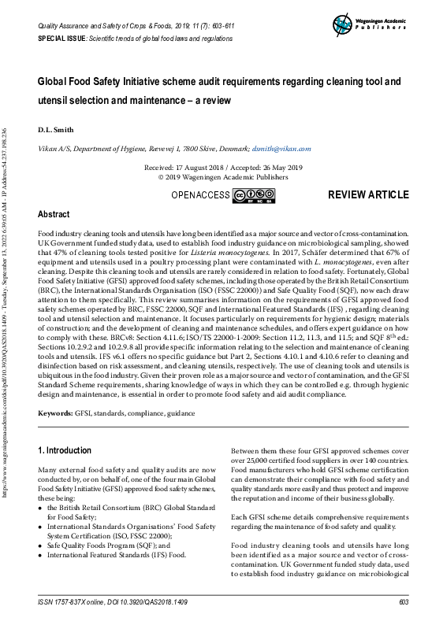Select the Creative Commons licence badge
pos(253,195)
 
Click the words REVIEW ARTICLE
pos(368,194)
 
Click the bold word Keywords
pos(55,412)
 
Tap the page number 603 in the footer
pos(404,601)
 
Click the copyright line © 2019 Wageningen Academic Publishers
pos(223,177)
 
